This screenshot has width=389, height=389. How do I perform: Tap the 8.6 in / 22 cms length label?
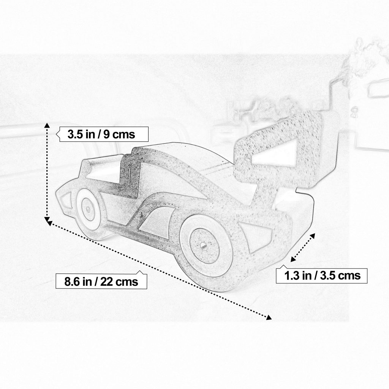tap(100, 281)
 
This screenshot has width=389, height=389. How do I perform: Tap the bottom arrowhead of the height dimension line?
tap(47, 219)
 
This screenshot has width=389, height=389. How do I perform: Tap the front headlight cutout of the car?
tap(64, 200)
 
